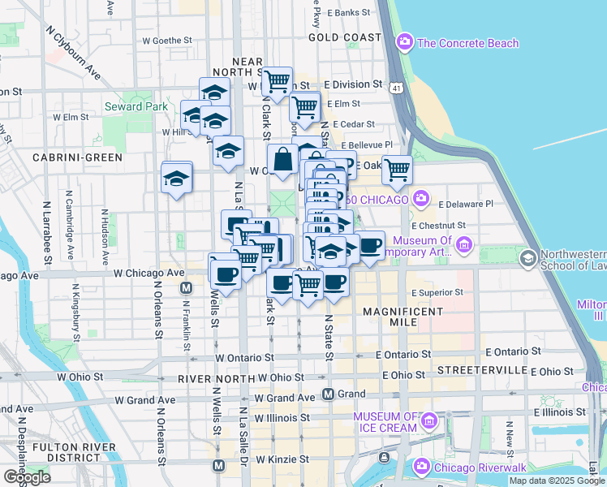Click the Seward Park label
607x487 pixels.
coord(136,106)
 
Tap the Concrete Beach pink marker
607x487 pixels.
coord(404,41)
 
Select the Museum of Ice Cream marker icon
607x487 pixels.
coord(429,420)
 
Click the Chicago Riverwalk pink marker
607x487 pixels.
coord(420,466)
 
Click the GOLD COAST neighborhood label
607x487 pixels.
coord(345,38)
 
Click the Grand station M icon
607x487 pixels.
coord(328,394)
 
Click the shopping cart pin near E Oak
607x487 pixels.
coord(397,170)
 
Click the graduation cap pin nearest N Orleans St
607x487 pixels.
coord(176,177)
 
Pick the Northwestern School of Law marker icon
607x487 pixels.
coord(528,258)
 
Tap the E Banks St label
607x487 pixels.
coord(346,13)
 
